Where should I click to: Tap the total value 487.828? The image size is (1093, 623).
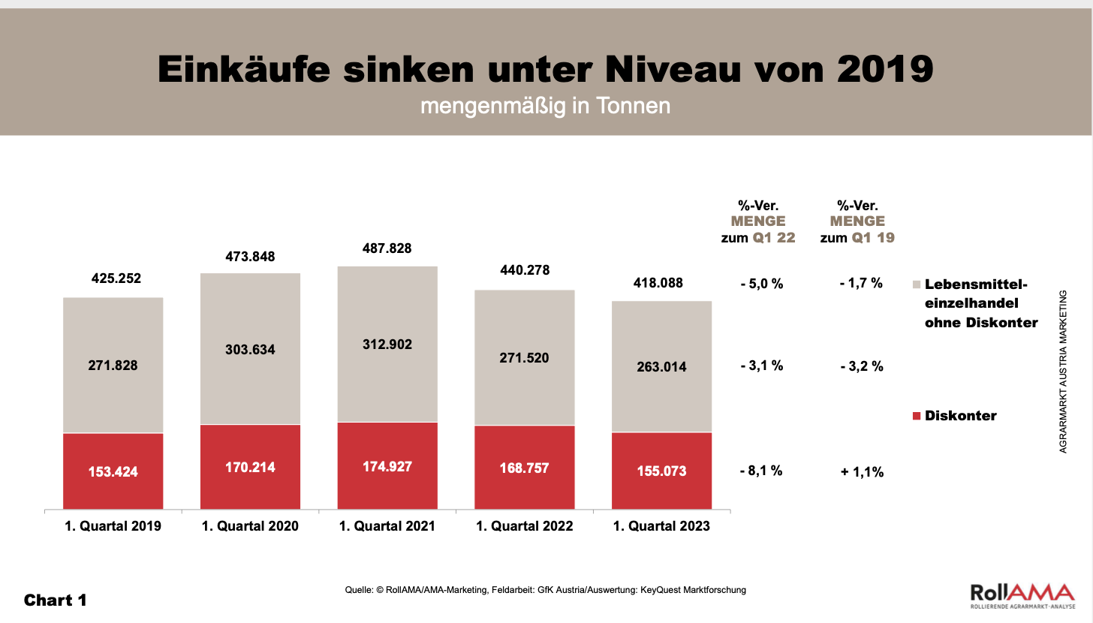click(386, 248)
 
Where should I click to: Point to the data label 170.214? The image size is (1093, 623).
click(249, 468)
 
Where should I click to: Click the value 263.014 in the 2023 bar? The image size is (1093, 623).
click(661, 367)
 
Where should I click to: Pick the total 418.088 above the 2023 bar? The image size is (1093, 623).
click(661, 284)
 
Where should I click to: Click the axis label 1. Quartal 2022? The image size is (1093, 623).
click(525, 526)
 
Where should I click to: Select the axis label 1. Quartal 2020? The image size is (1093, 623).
click(250, 526)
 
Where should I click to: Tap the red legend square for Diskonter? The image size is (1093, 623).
click(917, 416)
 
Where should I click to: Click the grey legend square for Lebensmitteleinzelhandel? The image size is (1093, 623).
click(917, 285)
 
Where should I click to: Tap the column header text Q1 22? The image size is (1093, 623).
click(773, 238)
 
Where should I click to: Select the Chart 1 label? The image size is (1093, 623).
click(56, 600)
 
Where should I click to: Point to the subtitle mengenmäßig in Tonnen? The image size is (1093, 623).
click(545, 107)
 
